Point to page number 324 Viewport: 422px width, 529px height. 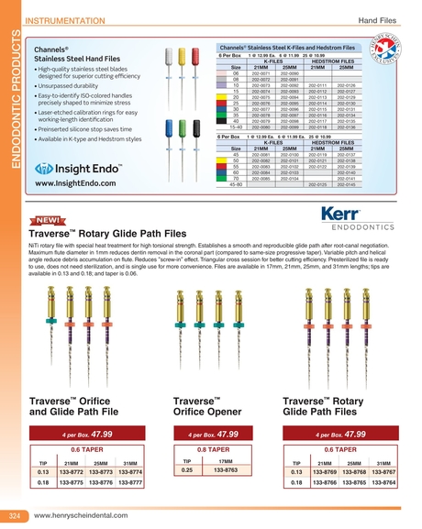[x=15, y=516]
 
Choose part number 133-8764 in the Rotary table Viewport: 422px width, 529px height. [x=383, y=482]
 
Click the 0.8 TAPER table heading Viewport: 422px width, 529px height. [x=212, y=450]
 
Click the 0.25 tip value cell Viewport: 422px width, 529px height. [x=186, y=470]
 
